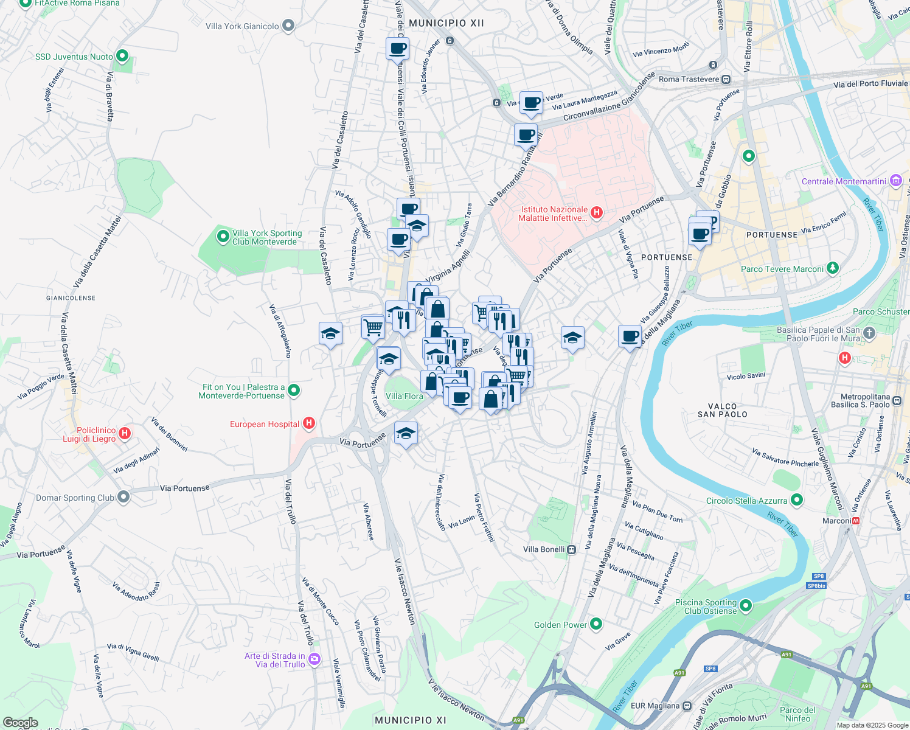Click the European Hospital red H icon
(x=309, y=423)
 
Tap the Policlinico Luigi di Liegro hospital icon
(x=125, y=434)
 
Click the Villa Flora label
(x=404, y=396)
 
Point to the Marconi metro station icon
(x=856, y=521)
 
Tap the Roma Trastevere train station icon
(x=726, y=79)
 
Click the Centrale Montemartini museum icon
(x=895, y=181)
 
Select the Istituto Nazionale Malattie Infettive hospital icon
(x=597, y=212)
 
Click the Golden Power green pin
(x=596, y=624)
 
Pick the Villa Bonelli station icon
(x=571, y=549)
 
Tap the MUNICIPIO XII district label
(x=446, y=23)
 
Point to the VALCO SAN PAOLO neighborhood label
(x=722, y=410)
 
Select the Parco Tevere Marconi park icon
(x=833, y=268)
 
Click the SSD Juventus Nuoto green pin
(x=122, y=56)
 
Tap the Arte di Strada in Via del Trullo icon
(x=314, y=659)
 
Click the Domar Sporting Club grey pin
(x=123, y=497)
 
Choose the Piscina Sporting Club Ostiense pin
(x=746, y=605)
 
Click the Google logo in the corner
(x=20, y=723)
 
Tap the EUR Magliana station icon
(x=687, y=706)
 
